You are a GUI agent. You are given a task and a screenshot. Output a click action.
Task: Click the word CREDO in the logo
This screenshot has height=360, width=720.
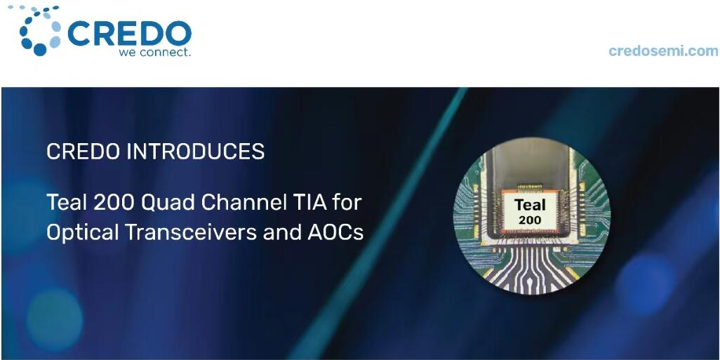point(130,34)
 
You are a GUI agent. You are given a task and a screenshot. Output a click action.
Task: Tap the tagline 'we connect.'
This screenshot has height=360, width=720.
point(154,52)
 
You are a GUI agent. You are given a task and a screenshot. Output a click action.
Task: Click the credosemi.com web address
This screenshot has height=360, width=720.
point(664,51)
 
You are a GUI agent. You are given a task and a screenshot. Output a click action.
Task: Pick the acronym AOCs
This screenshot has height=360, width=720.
point(335,232)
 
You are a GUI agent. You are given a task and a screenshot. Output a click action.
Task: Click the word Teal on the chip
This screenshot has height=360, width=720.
point(530,205)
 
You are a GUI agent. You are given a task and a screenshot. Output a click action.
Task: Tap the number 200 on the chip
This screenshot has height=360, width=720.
point(530,220)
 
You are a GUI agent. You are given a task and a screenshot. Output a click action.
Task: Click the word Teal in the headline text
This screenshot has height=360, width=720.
point(67,203)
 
